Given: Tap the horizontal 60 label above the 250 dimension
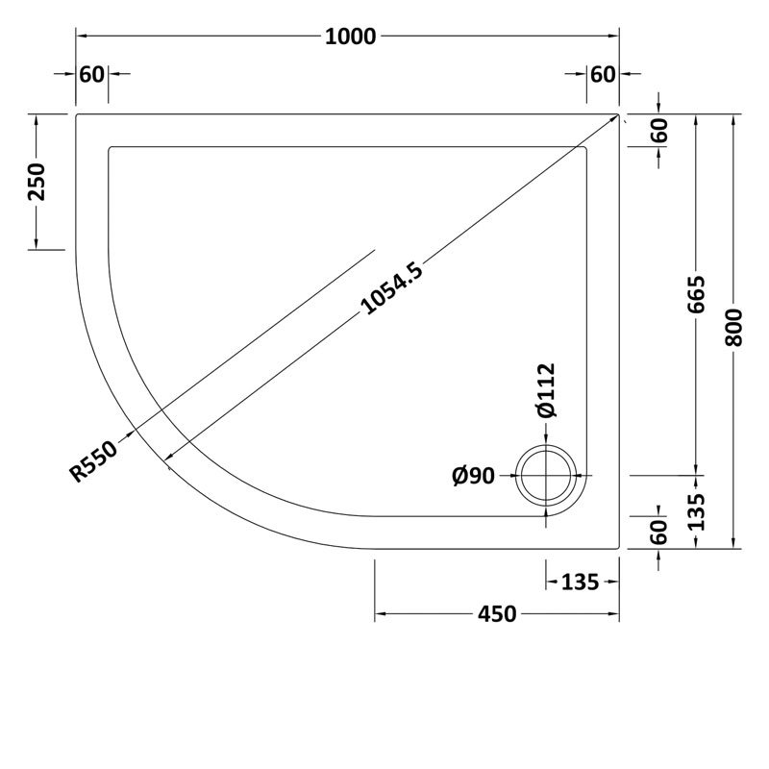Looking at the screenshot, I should [92, 75].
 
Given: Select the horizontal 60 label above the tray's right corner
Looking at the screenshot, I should [602, 75].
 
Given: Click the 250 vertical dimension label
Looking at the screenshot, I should [37, 181].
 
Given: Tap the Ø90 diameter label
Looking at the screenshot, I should [472, 475].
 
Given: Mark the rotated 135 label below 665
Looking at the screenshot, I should [698, 511].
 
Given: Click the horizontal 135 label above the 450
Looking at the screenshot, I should [580, 582].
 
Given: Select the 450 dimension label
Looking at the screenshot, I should [497, 614].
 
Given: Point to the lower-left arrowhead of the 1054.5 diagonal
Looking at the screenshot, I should [168, 459].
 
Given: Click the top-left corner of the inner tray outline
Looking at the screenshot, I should [111, 147].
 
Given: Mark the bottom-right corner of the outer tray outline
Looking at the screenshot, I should [617, 549].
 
